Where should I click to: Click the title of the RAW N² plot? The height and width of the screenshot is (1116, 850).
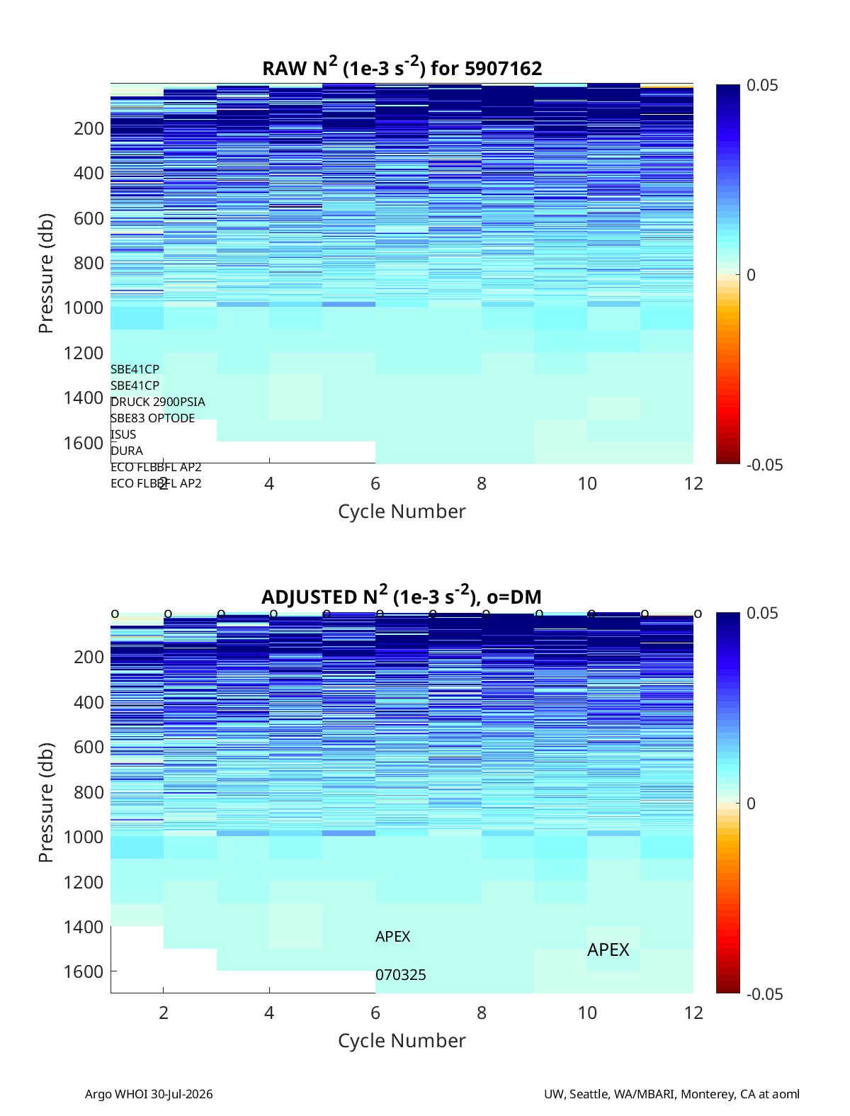[402, 67]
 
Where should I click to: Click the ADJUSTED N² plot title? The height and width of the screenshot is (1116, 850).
[402, 596]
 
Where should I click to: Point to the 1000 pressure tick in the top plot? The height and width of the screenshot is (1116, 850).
[84, 308]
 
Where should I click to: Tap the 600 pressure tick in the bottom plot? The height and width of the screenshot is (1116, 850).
[89, 747]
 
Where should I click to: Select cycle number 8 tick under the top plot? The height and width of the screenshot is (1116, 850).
[481, 483]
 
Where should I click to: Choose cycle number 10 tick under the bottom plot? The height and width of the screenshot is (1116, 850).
[587, 1013]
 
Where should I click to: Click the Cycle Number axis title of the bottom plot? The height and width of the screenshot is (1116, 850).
[402, 1041]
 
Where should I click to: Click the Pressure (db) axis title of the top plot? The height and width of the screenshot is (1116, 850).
[46, 273]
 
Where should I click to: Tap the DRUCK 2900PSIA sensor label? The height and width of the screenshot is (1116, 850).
[158, 402]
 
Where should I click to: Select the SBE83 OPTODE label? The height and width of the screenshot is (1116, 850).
[152, 418]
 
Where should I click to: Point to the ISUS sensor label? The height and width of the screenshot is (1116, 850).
[123, 434]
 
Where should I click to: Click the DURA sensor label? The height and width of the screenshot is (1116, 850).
[127, 451]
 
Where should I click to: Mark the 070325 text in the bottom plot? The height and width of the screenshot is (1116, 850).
[400, 975]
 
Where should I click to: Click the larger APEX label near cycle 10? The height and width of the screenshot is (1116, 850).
[608, 949]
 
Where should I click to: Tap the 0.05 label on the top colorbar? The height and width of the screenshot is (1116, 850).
[762, 85]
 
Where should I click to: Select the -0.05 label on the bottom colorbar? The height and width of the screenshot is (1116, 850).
[764, 993]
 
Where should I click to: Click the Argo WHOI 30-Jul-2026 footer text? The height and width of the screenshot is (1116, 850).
[149, 1093]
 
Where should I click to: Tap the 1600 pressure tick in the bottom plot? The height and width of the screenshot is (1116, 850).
[84, 971]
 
